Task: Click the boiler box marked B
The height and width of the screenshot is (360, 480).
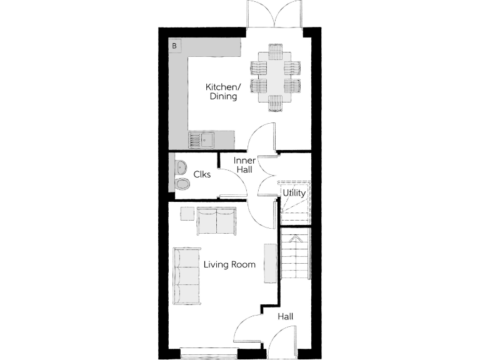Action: [175, 46]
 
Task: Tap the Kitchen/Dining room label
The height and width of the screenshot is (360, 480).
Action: [223, 91]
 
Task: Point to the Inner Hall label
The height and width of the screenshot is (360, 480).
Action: [244, 166]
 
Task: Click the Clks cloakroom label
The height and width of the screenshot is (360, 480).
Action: [201, 175]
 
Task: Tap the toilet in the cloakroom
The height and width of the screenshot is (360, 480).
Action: [182, 184]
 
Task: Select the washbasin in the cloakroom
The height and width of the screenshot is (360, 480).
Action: [181, 167]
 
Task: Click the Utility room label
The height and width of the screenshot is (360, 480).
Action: [294, 192]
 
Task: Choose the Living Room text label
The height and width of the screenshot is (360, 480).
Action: [229, 264]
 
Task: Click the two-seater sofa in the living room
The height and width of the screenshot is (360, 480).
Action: [216, 221]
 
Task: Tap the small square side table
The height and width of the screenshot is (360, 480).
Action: [187, 213]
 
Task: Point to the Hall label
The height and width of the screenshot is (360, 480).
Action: [286, 317]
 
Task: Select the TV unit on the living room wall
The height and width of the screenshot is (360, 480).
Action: [270, 263]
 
